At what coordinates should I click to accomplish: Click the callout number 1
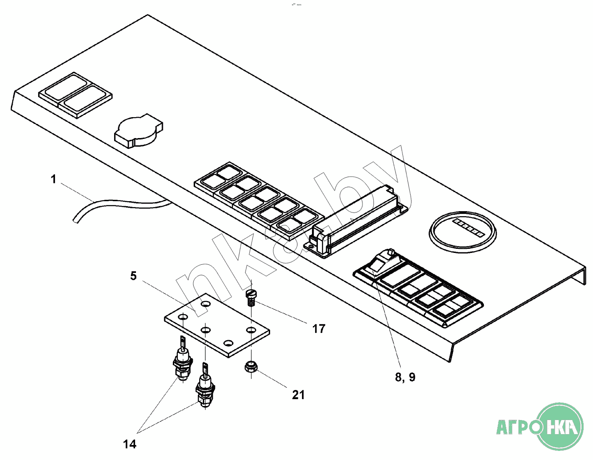point(53,179)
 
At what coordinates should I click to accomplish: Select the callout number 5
point(133,276)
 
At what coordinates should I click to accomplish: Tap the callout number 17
point(319,328)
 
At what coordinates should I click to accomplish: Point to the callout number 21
point(298,395)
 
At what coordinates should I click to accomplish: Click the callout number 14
point(130,444)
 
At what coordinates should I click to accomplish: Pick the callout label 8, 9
point(405,377)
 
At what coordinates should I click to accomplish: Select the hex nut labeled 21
point(251,366)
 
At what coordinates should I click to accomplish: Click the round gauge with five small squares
point(462,231)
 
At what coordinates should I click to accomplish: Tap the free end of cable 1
point(75,221)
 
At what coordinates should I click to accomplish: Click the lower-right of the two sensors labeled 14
point(205,389)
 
